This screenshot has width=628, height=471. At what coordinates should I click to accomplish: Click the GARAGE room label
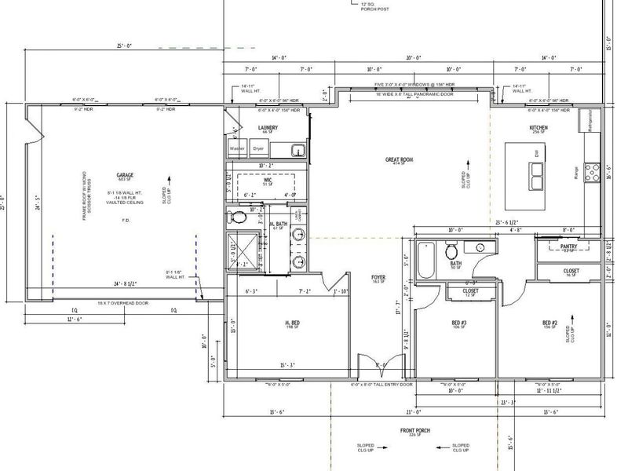click(123, 175)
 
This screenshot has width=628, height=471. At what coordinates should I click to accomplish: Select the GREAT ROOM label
click(399, 159)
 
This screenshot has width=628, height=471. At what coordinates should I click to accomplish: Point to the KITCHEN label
click(538, 127)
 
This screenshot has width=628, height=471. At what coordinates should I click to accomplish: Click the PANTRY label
click(569, 246)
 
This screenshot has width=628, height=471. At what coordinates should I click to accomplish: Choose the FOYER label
click(378, 276)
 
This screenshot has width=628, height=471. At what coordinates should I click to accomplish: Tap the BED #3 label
click(459, 323)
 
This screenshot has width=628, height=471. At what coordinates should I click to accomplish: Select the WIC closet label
click(268, 181)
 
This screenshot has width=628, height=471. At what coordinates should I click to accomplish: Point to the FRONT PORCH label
click(414, 431)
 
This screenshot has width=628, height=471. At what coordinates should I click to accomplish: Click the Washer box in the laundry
click(237, 148)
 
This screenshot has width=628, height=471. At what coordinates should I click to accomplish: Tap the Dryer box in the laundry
click(258, 148)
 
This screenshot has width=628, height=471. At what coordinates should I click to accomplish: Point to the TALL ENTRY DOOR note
click(382, 385)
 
